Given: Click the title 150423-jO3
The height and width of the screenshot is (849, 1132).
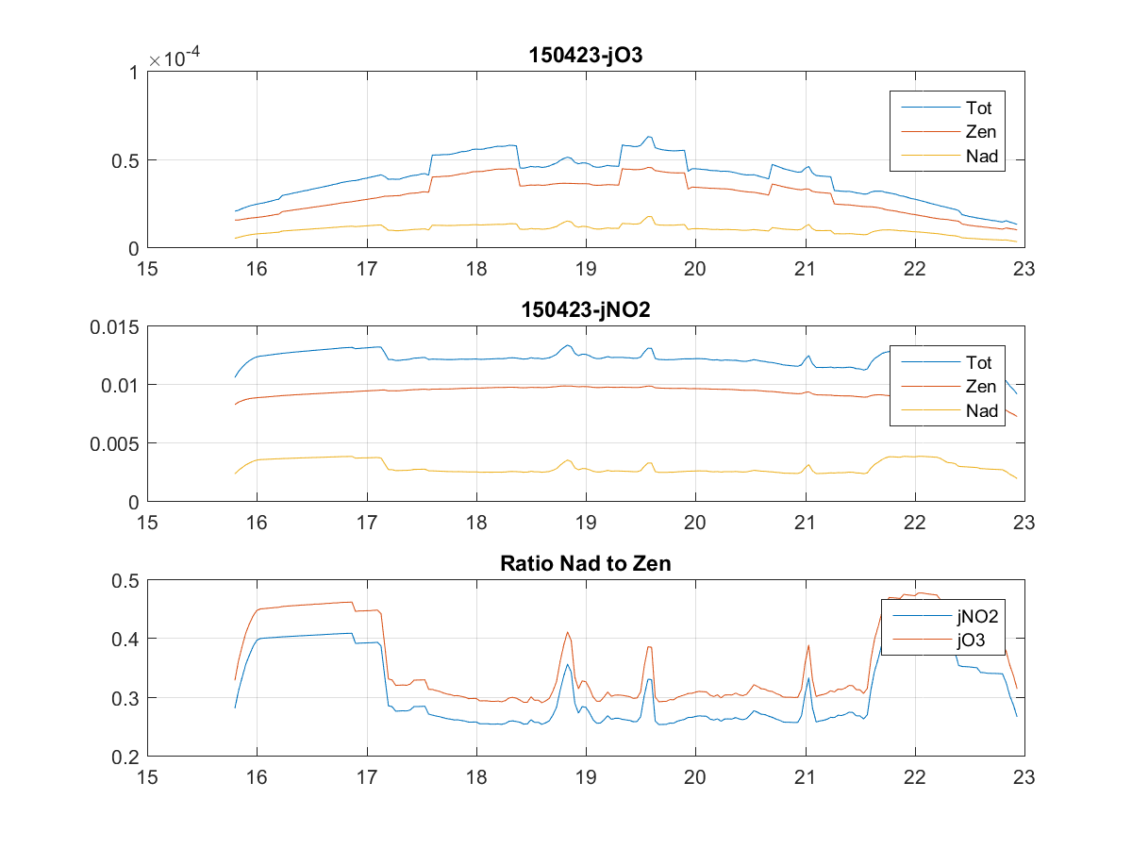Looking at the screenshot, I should (x=585, y=56).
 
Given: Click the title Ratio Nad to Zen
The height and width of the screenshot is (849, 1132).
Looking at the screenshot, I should (x=585, y=564).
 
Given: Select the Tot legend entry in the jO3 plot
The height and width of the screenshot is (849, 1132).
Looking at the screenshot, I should (x=979, y=107).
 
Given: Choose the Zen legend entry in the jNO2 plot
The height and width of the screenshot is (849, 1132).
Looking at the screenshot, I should (x=979, y=386).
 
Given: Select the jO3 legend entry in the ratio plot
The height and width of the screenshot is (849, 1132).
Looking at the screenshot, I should (x=971, y=640).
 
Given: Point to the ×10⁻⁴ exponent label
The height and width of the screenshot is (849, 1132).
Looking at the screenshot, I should (x=177, y=58).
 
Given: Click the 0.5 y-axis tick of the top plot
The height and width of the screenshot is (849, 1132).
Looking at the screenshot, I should (x=125, y=160).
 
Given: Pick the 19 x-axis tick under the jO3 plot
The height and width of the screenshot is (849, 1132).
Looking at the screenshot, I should (x=586, y=268).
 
